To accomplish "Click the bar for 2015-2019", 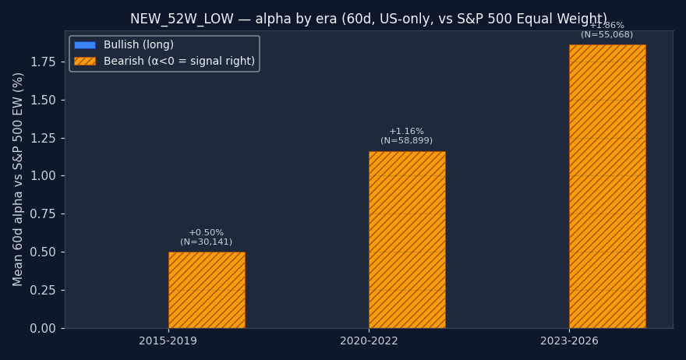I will [207, 290].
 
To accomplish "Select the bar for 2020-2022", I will [407, 240].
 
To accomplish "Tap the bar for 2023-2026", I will [607, 186].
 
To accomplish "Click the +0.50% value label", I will [207, 233].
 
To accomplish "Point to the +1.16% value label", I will [407, 132].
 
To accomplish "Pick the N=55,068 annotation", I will [607, 35].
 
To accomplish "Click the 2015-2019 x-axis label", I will [168, 341].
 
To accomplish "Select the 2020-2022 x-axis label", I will [369, 341].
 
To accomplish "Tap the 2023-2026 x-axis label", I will [569, 341].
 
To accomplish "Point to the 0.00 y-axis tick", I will [44, 328].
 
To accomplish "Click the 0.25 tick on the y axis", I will [44, 290].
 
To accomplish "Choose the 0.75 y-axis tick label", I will [44, 214].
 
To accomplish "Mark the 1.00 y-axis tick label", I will [44, 176].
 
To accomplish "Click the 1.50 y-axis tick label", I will [44, 100].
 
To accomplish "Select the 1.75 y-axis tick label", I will [44, 62].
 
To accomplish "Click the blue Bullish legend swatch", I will [85, 45].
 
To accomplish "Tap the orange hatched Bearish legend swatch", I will [85, 61].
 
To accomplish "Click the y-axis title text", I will [19, 179].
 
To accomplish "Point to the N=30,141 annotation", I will [207, 242].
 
